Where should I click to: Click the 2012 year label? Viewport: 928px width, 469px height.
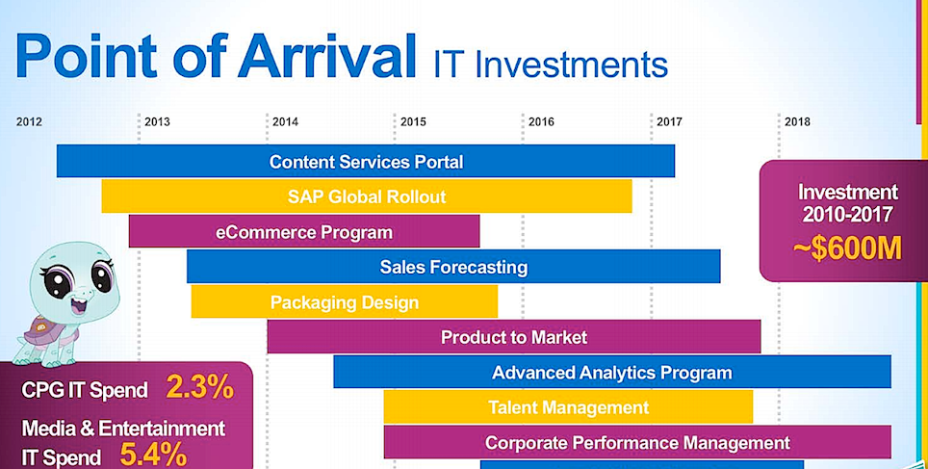[29, 122]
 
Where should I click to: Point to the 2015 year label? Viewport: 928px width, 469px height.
[413, 122]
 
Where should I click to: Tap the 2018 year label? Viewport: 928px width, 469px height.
[797, 122]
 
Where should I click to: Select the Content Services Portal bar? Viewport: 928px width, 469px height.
[366, 161]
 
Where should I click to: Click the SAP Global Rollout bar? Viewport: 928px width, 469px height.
[367, 196]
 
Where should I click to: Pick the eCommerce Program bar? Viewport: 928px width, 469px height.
[304, 231]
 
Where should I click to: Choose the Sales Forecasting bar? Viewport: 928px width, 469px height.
[453, 267]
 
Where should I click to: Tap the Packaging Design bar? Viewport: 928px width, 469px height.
[345, 302]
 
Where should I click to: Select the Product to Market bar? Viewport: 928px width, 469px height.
[514, 337]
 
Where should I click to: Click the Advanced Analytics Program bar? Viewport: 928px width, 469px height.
[612, 372]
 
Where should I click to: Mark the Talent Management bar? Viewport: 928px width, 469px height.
[568, 406]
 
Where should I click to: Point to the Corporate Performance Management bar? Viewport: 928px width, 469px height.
[637, 442]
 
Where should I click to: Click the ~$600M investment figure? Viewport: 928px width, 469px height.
[847, 249]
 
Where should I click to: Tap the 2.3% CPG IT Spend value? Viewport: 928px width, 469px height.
[200, 388]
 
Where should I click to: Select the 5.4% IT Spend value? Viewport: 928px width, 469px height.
[154, 455]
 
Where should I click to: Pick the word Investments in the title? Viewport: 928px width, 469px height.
[572, 65]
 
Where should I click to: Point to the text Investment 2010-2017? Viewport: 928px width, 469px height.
[847, 202]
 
